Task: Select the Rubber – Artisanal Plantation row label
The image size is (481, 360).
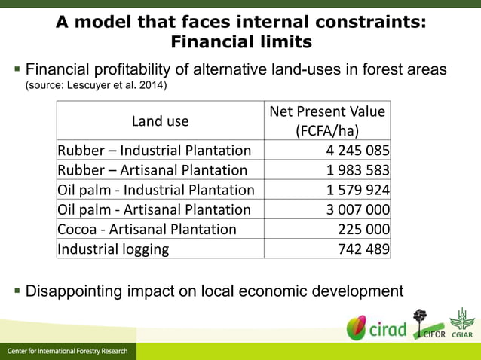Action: pos(152,170)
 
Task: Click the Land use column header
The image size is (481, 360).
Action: pos(160,121)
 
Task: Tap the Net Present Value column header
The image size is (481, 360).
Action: pos(327,120)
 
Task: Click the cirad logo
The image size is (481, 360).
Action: pos(376,328)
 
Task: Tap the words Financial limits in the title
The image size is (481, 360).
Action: pos(240,41)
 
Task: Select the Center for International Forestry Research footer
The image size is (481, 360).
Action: pos(68,352)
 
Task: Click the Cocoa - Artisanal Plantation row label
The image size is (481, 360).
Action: pos(147,229)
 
